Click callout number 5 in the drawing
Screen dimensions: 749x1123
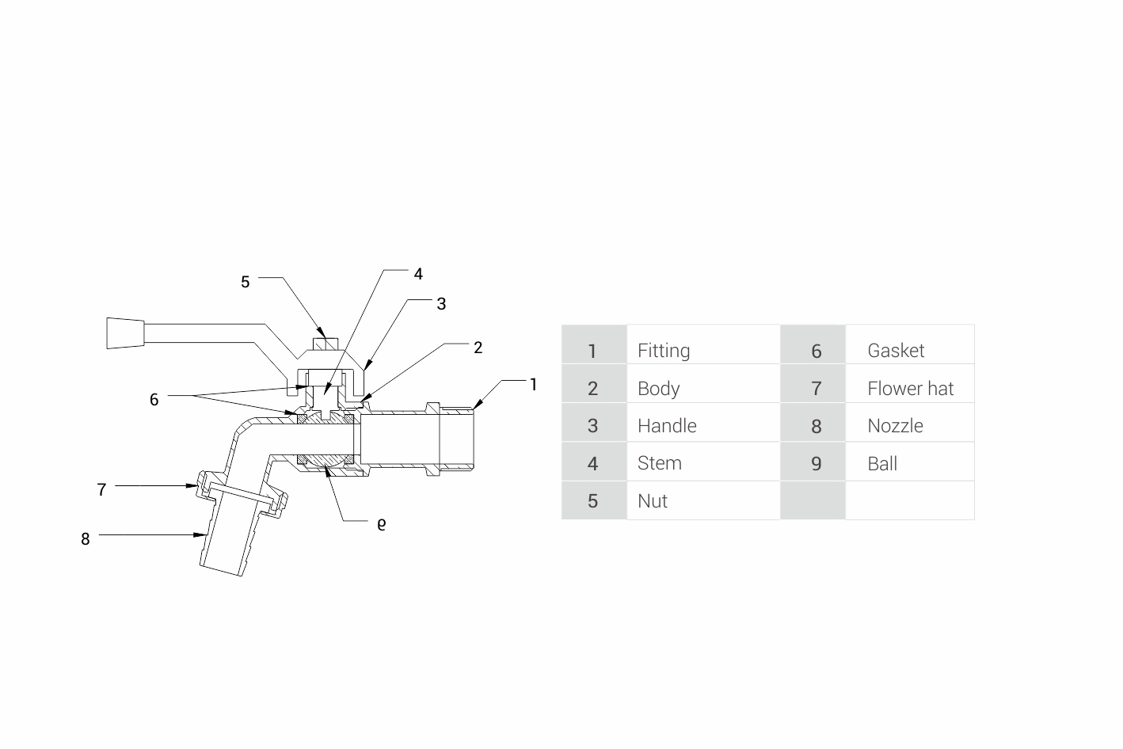tap(246, 282)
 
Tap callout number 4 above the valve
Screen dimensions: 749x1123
tap(418, 274)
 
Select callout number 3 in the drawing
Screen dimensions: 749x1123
tap(441, 304)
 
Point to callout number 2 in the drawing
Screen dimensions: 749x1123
tap(478, 348)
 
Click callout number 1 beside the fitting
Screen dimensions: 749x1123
tap(533, 385)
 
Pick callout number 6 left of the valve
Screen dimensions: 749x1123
tap(154, 400)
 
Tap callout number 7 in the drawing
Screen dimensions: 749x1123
tap(101, 490)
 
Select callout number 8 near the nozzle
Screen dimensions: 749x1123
tap(86, 539)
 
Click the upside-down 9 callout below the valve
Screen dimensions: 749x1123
tap(382, 524)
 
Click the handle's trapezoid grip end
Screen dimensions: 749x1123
tap(125, 333)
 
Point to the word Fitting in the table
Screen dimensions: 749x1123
tap(664, 351)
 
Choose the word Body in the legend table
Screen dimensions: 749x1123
tap(659, 389)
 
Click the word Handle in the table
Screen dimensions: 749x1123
tap(667, 426)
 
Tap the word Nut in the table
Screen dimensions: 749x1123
tap(653, 501)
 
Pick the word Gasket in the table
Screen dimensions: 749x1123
tap(896, 351)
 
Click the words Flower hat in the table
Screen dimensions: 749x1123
tap(911, 389)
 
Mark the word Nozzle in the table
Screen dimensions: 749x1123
tap(895, 426)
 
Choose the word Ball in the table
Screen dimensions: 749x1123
tap(882, 464)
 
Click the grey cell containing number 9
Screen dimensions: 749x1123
tap(815, 463)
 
